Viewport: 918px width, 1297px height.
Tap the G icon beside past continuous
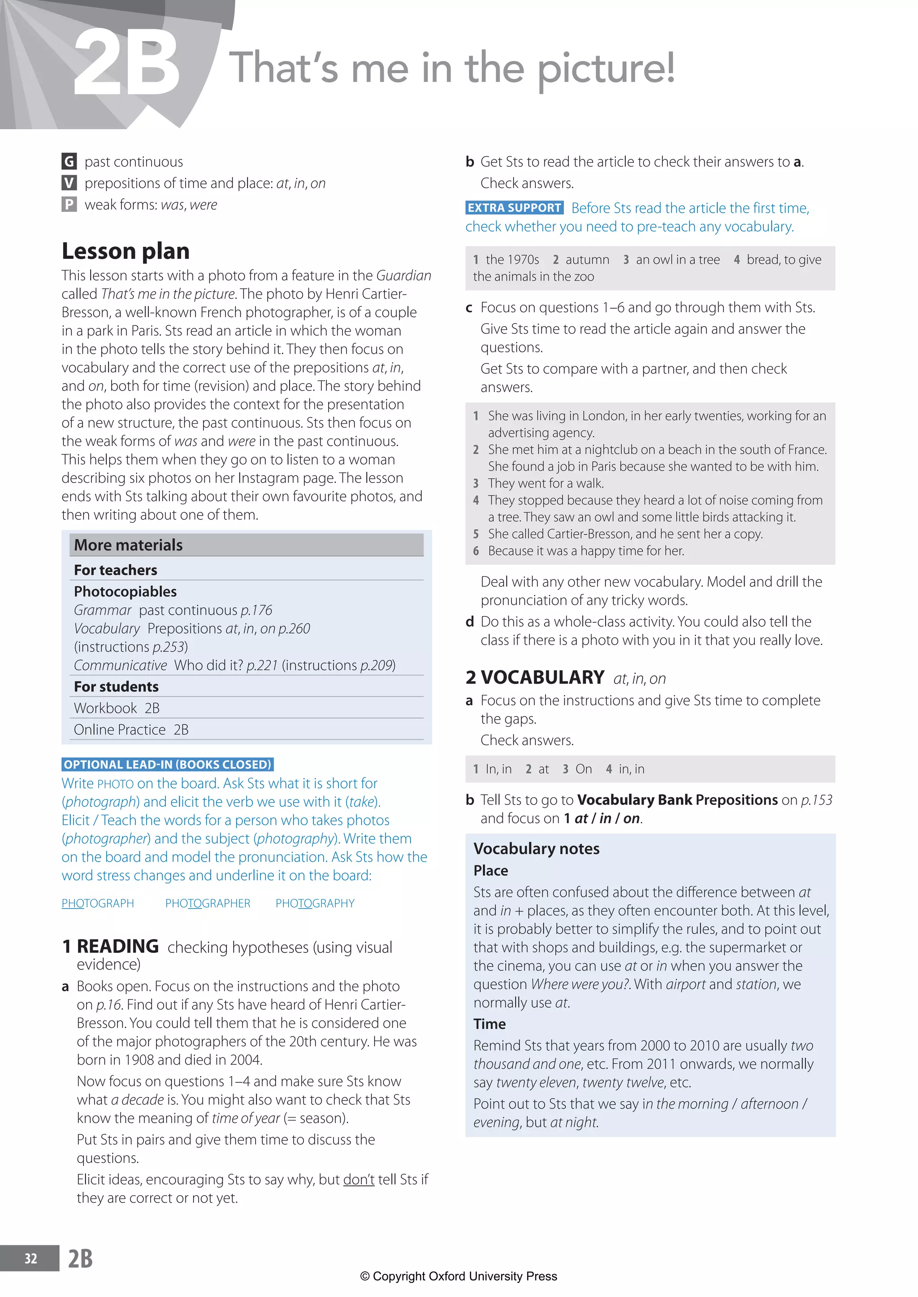(69, 162)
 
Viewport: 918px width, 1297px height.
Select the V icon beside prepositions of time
(69, 183)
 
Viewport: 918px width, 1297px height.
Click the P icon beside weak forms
(69, 205)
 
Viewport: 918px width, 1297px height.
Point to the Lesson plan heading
(126, 251)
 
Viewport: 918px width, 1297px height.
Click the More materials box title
(128, 545)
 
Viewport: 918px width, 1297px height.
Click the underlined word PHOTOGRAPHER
(208, 903)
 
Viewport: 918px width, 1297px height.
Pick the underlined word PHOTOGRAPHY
(315, 903)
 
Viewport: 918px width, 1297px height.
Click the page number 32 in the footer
(30, 1258)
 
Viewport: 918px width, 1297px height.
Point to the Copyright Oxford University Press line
(459, 1276)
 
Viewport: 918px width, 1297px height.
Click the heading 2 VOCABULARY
(535, 677)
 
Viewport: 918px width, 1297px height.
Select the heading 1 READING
(111, 946)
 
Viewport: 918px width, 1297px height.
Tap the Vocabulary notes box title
(537, 848)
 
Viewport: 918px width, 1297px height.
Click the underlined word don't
(359, 1179)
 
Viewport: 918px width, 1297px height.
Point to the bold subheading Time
(489, 1024)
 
